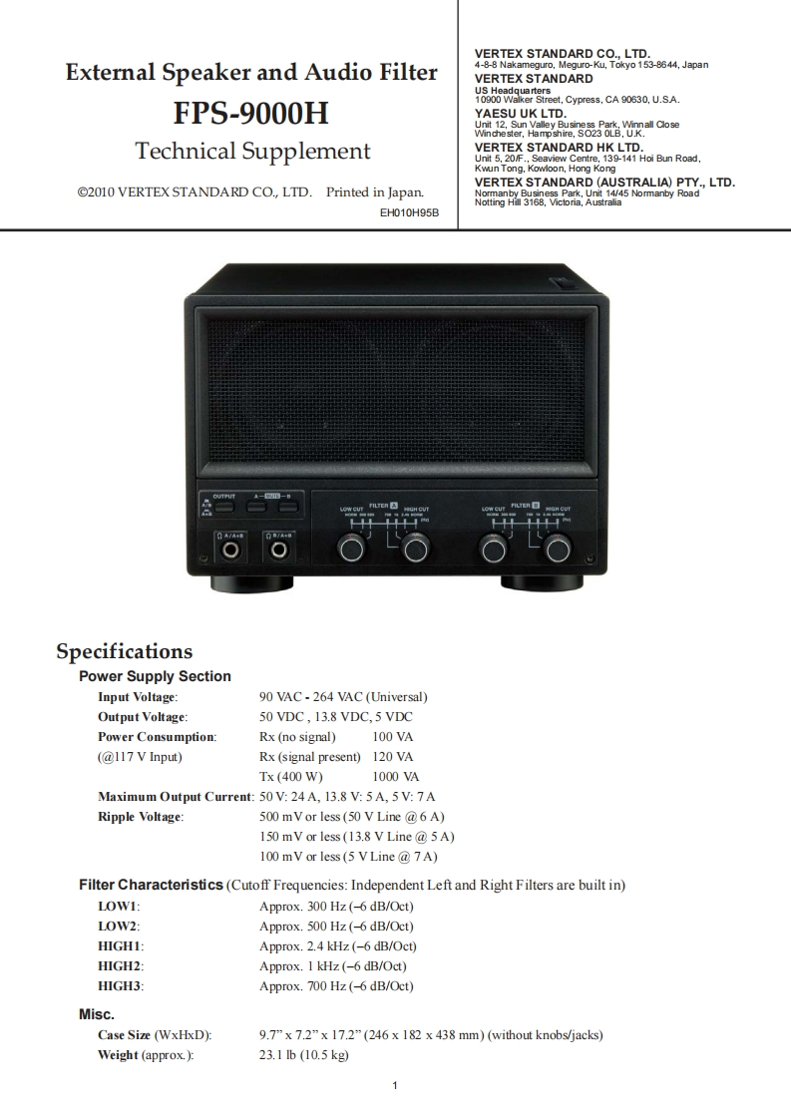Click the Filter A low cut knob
(x=350, y=548)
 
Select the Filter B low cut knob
(x=493, y=548)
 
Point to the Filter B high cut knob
(x=557, y=548)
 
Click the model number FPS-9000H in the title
(x=250, y=114)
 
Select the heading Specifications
(x=124, y=651)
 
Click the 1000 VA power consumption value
(x=395, y=776)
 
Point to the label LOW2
(x=118, y=926)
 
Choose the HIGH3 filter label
(x=120, y=985)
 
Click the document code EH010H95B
(x=410, y=212)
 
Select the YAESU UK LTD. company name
(x=520, y=114)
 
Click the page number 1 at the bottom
(x=396, y=1086)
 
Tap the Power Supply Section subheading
(x=155, y=676)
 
